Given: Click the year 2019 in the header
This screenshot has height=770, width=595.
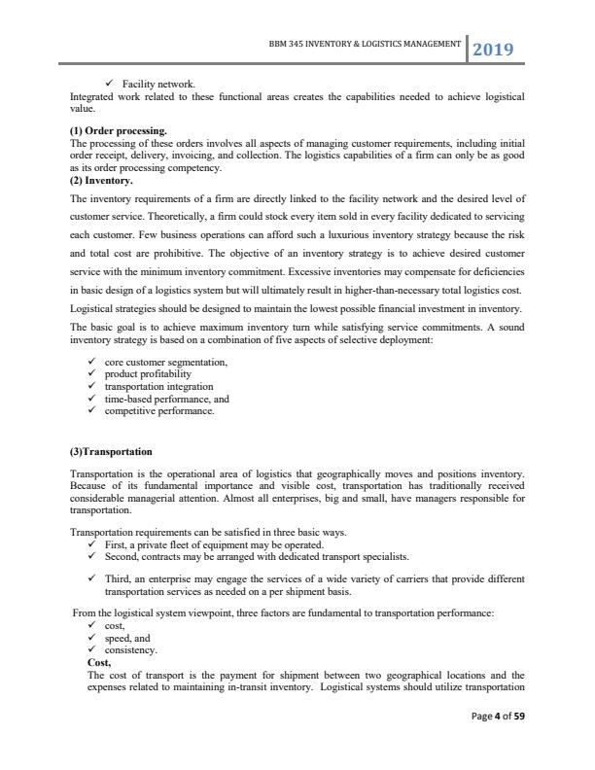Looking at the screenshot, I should (x=494, y=49).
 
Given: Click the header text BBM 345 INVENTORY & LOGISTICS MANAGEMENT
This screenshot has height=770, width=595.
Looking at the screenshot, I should (x=364, y=45).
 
